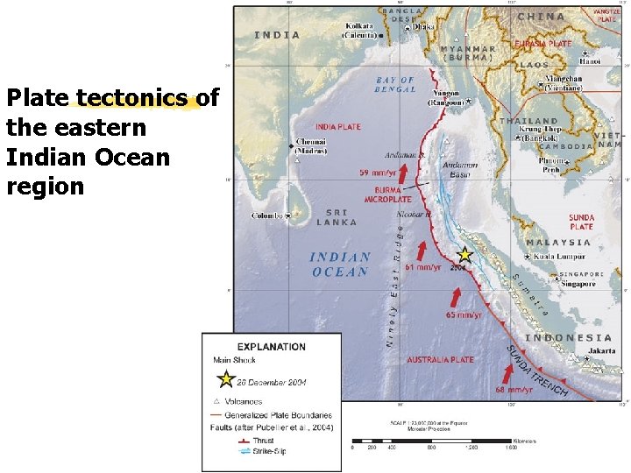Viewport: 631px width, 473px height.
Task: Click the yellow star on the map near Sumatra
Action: coord(464,255)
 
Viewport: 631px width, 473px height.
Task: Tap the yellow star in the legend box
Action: coord(225,379)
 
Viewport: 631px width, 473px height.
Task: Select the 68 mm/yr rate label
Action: coord(514,390)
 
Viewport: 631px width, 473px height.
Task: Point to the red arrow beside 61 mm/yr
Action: coord(422,249)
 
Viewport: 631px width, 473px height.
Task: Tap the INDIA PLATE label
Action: coord(337,127)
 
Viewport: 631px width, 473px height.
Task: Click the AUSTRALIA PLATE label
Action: coord(441,359)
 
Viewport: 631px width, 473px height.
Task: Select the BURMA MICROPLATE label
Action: coord(387,194)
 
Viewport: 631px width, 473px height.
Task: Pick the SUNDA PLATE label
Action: coord(581,222)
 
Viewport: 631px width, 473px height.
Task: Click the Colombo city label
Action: coord(267,215)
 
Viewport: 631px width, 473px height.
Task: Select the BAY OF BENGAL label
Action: coord(395,85)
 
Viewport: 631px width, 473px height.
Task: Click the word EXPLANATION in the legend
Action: coord(272,346)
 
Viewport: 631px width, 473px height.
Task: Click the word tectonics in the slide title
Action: coord(131,98)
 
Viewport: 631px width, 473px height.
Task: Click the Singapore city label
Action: coord(578,284)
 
